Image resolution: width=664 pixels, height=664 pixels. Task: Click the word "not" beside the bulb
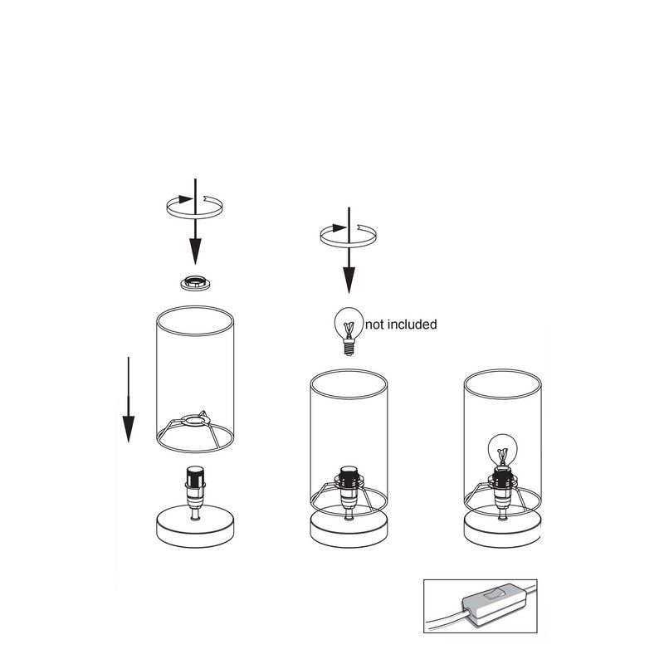point(375,325)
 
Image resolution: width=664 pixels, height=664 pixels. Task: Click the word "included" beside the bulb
point(413,325)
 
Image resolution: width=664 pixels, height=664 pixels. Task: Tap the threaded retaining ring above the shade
point(195,283)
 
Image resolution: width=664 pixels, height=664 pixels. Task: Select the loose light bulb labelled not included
point(349,331)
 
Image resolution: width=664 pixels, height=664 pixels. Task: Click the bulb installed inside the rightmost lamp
point(502,449)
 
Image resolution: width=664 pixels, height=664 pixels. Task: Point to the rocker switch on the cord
point(494,594)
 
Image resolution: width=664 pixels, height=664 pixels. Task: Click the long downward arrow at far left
point(129,399)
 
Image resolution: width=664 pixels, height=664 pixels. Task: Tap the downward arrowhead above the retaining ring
point(195,251)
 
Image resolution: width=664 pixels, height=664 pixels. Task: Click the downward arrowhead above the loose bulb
point(349,280)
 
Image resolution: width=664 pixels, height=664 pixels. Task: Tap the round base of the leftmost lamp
point(195,528)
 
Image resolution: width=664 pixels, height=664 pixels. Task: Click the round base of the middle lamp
point(349,530)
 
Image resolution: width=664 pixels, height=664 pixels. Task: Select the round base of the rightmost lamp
point(502,530)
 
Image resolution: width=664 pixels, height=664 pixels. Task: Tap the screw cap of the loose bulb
point(349,348)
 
